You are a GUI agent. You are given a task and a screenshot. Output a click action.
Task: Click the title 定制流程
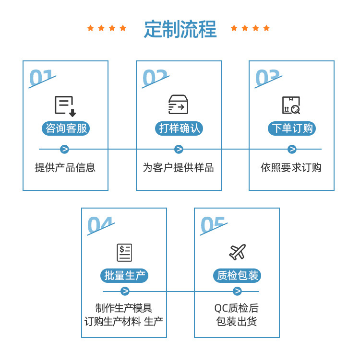tap(180, 29)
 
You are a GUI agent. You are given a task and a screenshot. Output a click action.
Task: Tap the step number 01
tap(42, 78)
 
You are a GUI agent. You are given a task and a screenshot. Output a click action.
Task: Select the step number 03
tap(267, 78)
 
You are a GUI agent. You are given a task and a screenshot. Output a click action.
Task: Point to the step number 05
tap(213, 225)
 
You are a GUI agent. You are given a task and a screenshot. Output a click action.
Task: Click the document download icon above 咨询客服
tap(65, 106)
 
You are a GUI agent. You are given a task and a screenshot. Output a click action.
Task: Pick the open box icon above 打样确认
tap(178, 105)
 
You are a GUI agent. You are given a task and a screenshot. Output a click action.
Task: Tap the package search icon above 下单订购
tap(291, 105)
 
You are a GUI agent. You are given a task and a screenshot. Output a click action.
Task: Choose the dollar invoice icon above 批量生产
tap(124, 252)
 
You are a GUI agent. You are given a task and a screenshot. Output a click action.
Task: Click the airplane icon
tap(237, 252)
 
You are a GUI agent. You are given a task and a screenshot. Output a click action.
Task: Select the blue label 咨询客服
tap(66, 128)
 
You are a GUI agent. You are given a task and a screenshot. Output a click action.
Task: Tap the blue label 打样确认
tap(179, 128)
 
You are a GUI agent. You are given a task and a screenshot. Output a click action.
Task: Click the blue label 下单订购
tap(291, 128)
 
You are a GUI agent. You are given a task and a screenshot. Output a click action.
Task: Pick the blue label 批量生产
tap(124, 276)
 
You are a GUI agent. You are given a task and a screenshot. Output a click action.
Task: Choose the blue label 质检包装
tap(237, 276)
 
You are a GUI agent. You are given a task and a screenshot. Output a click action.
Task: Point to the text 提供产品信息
tap(65, 168)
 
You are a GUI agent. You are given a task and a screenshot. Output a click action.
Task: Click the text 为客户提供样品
tap(179, 168)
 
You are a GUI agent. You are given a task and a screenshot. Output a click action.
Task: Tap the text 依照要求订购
tap(291, 168)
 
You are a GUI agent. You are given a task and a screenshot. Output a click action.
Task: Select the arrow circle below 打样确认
tap(179, 149)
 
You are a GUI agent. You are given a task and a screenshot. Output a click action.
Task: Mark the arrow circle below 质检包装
tap(237, 291)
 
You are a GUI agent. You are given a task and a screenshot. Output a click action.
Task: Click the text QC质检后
tap(237, 308)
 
